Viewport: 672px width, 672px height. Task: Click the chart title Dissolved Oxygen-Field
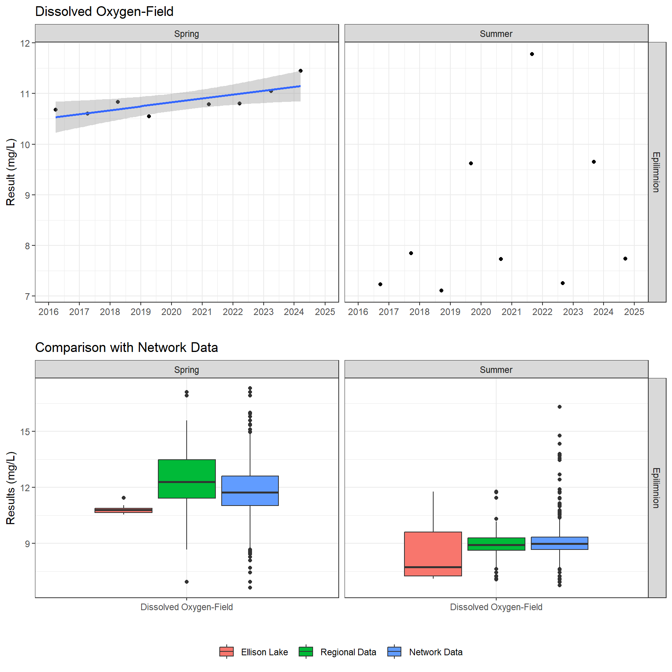[x=104, y=12]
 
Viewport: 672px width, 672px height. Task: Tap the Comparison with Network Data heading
[x=126, y=347]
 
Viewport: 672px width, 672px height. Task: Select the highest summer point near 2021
[x=532, y=54]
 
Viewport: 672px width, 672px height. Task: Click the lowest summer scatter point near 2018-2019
[x=441, y=290]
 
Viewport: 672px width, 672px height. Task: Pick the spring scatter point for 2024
[x=301, y=71]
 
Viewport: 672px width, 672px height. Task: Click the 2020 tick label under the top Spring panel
[x=171, y=312]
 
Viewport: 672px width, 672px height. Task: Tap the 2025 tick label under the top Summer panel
[x=634, y=312]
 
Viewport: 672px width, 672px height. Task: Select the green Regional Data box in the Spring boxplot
[x=187, y=479]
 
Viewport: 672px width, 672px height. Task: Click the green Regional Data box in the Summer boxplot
[x=496, y=544]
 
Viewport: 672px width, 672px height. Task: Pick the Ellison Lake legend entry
[x=264, y=652]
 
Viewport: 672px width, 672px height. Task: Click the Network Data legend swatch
[x=394, y=652]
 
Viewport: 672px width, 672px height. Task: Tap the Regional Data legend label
[x=348, y=652]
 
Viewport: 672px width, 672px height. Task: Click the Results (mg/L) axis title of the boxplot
[x=11, y=488]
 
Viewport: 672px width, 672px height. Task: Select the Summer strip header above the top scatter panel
[x=496, y=34]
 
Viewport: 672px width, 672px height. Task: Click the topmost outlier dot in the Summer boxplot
[x=560, y=407]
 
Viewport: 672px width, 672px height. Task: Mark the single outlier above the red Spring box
[x=124, y=498]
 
